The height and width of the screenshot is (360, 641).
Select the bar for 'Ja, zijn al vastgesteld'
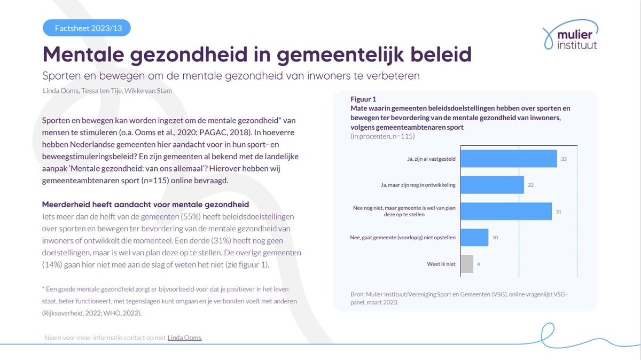509,159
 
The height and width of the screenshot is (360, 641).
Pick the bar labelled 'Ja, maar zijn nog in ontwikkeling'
492,185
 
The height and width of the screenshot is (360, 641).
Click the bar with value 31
506,211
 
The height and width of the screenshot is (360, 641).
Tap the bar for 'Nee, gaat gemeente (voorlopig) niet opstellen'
474,237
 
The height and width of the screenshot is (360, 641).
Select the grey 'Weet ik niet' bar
467,263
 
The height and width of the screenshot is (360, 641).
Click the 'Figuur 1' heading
363,99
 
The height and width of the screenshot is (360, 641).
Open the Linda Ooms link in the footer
184,338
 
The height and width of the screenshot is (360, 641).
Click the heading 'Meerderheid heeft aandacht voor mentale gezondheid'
145,205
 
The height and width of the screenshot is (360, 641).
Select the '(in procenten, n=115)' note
382,136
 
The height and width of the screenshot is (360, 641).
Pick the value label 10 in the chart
495,237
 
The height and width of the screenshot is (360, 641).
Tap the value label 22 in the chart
531,185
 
